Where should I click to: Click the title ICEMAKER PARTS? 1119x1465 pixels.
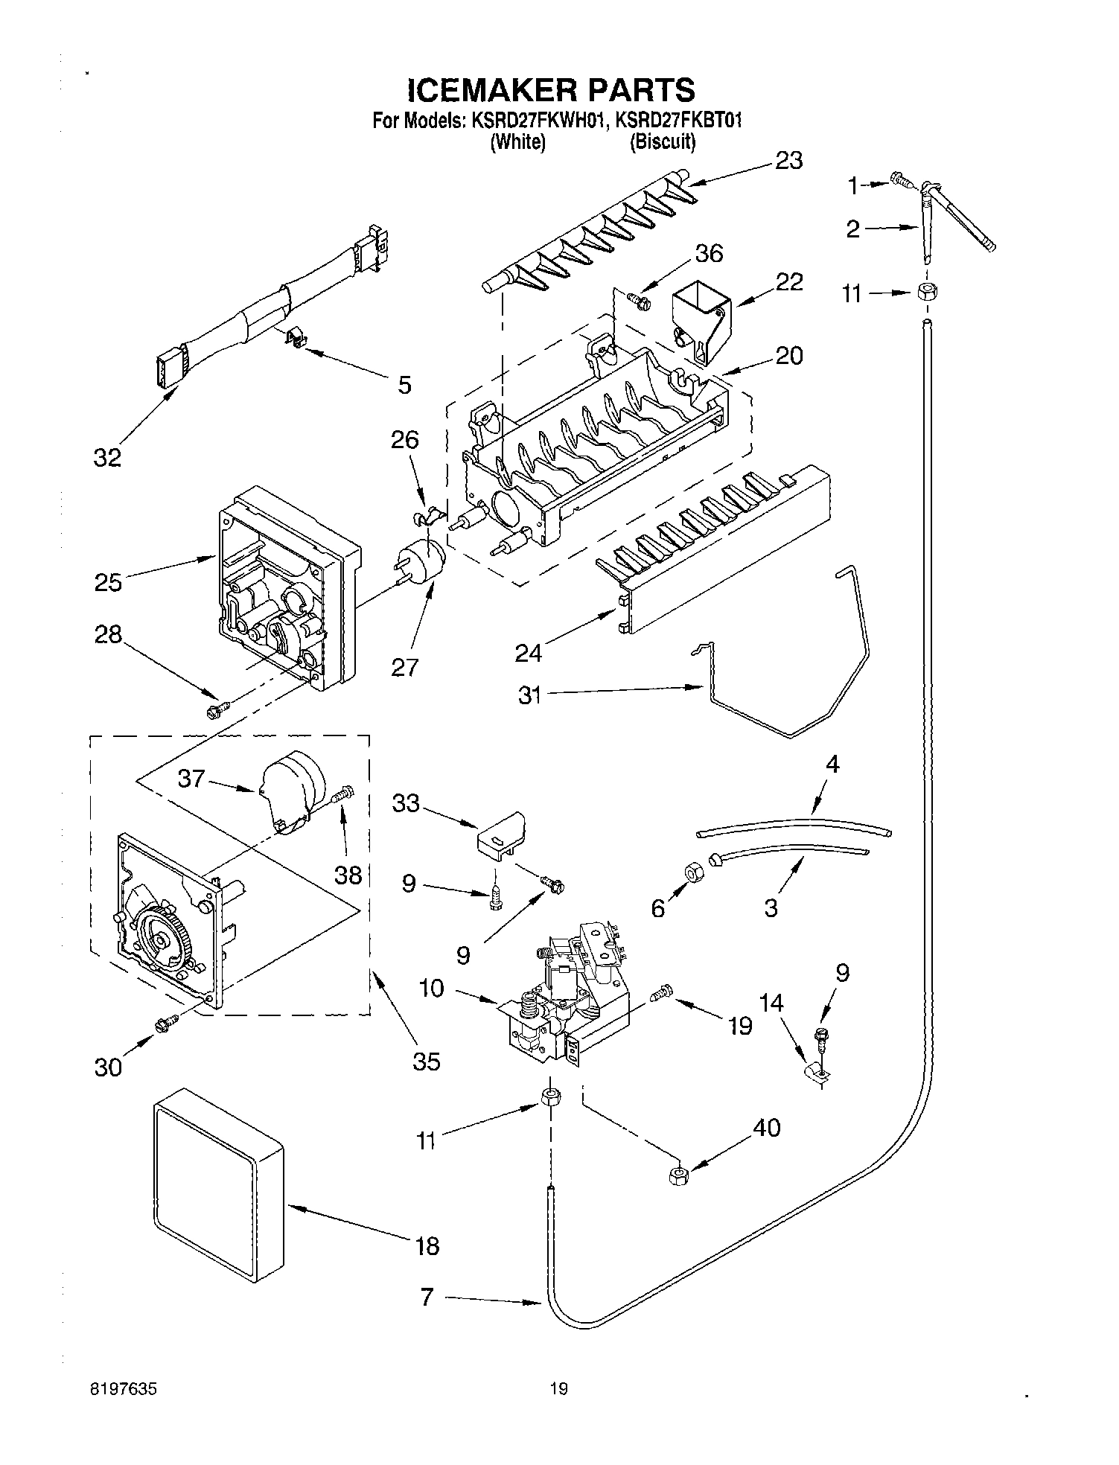tap(551, 90)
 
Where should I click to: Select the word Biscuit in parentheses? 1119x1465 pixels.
tap(663, 141)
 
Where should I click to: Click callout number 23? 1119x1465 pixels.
tap(788, 160)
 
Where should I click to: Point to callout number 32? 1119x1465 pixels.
tap(107, 457)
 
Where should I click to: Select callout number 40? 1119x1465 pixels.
tap(766, 1128)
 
